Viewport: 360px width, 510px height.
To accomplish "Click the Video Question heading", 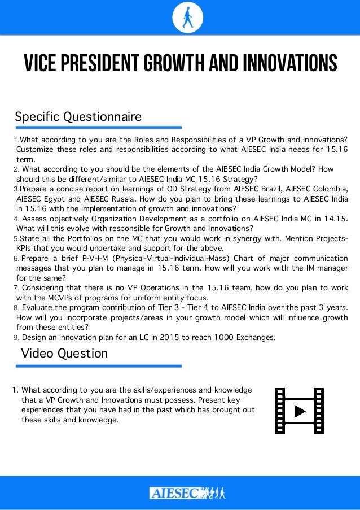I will pyautogui.click(x=64, y=353).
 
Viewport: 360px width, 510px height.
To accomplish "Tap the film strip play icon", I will pyautogui.click(x=298, y=411).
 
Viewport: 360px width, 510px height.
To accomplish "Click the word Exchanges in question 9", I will pyautogui.click(x=255, y=338).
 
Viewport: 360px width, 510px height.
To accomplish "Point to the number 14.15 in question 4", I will pyautogui.click(x=335, y=219).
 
